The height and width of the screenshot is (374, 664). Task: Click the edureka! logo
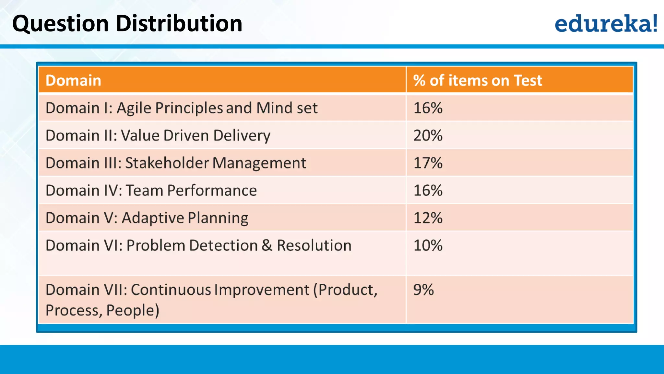pyautogui.click(x=606, y=23)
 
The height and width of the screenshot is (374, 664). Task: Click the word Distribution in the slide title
pyautogui.click(x=179, y=23)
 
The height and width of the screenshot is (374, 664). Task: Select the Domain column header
pyautogui.click(x=73, y=80)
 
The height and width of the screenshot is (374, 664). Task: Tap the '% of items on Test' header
pyautogui.click(x=477, y=80)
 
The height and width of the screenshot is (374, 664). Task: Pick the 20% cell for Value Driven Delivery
pyautogui.click(x=428, y=135)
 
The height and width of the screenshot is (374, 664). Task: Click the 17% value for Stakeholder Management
pyautogui.click(x=428, y=163)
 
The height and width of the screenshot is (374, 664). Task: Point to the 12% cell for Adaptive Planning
pyautogui.click(x=428, y=218)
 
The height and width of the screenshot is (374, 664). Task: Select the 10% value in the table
pyautogui.click(x=428, y=245)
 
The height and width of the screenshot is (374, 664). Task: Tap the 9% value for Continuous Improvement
pyautogui.click(x=423, y=290)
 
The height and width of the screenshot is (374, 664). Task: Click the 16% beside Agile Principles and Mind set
pyautogui.click(x=428, y=108)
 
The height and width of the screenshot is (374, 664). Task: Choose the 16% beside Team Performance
pyautogui.click(x=428, y=191)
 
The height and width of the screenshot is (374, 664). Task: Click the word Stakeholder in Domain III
pyautogui.click(x=167, y=163)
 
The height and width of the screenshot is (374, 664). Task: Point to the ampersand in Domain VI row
pyautogui.click(x=267, y=245)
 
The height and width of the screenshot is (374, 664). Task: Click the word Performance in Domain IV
pyautogui.click(x=212, y=191)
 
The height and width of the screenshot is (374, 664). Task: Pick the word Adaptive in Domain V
pyautogui.click(x=153, y=218)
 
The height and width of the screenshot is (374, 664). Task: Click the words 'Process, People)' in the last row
pyautogui.click(x=102, y=310)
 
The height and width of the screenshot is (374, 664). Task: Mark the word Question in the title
pyautogui.click(x=60, y=24)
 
